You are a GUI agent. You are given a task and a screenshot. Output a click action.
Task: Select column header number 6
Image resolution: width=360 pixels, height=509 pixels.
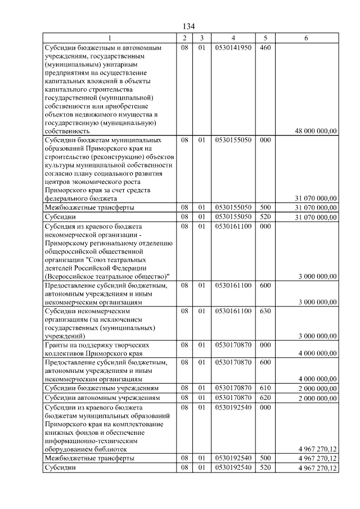(306, 38)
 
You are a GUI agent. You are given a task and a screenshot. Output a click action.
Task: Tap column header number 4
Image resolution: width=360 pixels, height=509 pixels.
(233, 38)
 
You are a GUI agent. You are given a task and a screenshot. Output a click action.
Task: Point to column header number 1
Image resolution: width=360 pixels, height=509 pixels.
(110, 38)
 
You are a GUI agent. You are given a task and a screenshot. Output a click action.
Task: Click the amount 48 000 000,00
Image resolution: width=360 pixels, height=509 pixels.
(316, 131)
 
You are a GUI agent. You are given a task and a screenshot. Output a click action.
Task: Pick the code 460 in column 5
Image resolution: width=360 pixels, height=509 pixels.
(265, 48)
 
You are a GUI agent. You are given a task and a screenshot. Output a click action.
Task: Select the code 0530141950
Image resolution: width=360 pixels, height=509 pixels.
(233, 48)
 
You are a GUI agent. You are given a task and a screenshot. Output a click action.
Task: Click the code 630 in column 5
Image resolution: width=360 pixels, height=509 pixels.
(265, 310)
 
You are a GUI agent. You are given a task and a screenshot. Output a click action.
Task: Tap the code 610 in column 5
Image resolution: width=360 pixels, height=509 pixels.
(265, 389)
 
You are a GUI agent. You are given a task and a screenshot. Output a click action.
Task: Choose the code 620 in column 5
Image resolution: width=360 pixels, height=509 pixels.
(265, 398)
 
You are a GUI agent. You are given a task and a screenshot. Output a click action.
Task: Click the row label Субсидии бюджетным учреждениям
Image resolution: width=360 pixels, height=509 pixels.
(101, 389)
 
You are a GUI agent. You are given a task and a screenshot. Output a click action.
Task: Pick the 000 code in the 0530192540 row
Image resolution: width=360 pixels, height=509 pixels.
(265, 407)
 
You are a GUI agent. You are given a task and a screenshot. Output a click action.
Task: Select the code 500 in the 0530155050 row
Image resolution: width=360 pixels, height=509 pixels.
(265, 208)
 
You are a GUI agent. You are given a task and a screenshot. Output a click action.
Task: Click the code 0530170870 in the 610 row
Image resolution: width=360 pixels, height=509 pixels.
(233, 389)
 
